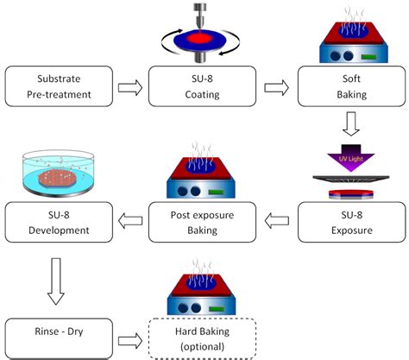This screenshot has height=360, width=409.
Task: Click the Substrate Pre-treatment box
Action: [59, 86]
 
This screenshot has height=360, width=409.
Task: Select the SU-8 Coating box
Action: [202, 86]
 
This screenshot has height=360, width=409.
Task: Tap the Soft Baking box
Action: [351, 86]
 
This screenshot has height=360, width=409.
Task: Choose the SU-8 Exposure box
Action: [351, 222]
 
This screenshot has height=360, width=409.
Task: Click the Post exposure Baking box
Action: [202, 222]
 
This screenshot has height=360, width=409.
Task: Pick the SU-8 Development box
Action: [59, 222]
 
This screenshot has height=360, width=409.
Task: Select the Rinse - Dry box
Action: [59, 338]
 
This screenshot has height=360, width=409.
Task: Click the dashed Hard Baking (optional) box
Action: [202, 338]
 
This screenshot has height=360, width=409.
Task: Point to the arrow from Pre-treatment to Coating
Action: [130, 87]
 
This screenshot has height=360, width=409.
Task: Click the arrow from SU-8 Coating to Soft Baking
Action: [276, 87]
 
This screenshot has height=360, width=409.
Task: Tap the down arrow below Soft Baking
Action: [351, 123]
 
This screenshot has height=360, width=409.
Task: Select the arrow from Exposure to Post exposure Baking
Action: [276, 221]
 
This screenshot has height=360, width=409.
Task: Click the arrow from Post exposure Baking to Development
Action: [130, 221]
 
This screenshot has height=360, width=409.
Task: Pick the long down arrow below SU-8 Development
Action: [56, 281]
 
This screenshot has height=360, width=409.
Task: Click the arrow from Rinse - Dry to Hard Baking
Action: [130, 341]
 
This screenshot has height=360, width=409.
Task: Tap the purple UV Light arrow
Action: [351, 158]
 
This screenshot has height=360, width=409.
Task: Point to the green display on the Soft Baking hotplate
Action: [368, 57]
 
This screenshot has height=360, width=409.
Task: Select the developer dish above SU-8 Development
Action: [59, 173]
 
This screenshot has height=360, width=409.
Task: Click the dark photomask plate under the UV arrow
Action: [351, 179]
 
